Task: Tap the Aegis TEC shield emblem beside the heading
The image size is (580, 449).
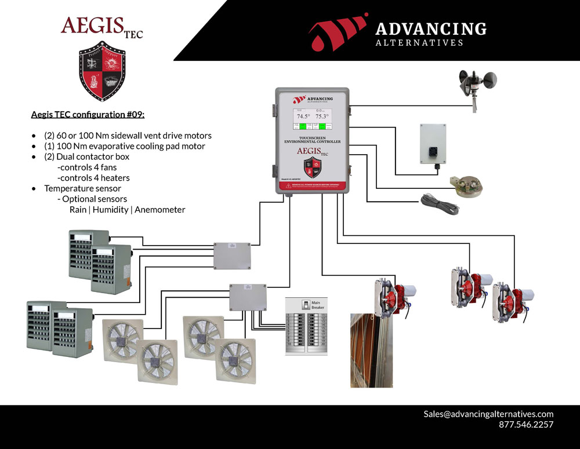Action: [102, 71]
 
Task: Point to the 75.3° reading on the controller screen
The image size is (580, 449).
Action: [322, 116]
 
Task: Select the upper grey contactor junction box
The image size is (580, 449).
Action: [232, 255]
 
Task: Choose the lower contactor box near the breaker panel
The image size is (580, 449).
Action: [248, 298]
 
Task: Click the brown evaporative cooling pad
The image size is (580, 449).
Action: [364, 350]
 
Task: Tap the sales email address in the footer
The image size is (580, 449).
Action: [488, 414]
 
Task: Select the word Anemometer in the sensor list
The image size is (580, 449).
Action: [159, 210]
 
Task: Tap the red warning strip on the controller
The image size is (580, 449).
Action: [312, 186]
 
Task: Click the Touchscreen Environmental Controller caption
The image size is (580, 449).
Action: [312, 139]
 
